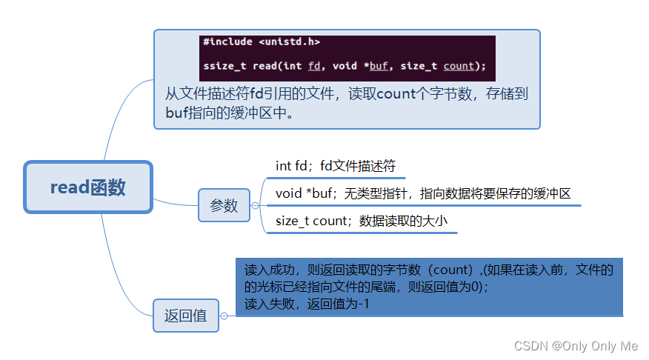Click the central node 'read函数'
pyautogui.click(x=88, y=187)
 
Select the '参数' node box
pyautogui.click(x=224, y=205)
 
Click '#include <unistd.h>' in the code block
pyautogui.click(x=262, y=42)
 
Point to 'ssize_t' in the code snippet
pyautogui.click(x=225, y=66)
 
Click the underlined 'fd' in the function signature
pyautogui.click(x=314, y=66)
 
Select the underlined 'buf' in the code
pyautogui.click(x=379, y=66)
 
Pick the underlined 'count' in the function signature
pyautogui.click(x=459, y=66)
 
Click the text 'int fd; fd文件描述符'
pyautogui.click(x=336, y=166)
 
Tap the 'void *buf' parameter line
pyautogui.click(x=422, y=194)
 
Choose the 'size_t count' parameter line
pyautogui.click(x=362, y=221)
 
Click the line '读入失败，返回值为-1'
pyautogui.click(x=307, y=303)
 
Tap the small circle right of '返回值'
pyautogui.click(x=224, y=316)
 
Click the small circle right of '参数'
pyautogui.click(x=256, y=205)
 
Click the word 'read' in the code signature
pyautogui.click(x=265, y=66)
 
